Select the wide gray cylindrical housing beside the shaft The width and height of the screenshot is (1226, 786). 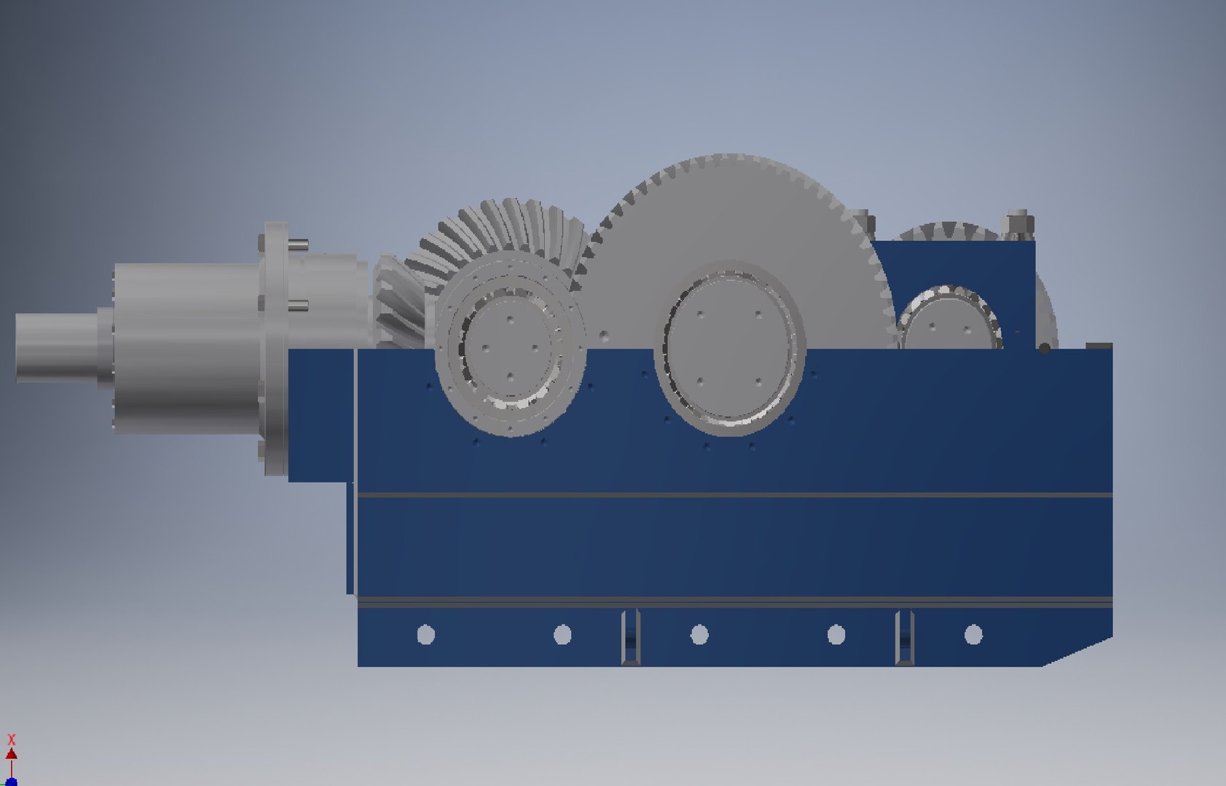click(186, 348)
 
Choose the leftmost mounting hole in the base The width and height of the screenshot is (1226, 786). click(425, 635)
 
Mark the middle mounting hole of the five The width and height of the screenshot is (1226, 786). click(699, 635)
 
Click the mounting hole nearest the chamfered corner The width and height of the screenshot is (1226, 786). click(973, 635)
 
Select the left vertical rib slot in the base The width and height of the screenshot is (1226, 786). click(631, 637)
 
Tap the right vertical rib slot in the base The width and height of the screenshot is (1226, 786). click(905, 637)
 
